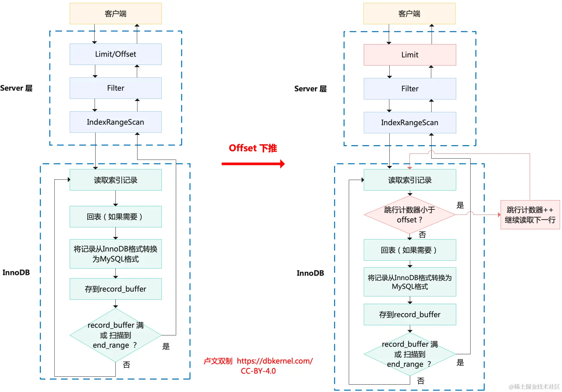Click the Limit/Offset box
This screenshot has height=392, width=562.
click(x=115, y=54)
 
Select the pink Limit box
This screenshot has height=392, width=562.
click(x=410, y=55)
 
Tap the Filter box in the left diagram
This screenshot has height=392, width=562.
click(x=115, y=88)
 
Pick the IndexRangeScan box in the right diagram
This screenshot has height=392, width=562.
click(x=410, y=123)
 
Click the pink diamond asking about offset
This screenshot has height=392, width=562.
click(x=409, y=215)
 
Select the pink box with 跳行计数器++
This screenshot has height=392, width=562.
click(x=530, y=215)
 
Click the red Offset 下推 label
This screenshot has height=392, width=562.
click(x=253, y=148)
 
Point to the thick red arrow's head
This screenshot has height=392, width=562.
click(x=282, y=164)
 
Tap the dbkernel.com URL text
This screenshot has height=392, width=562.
click(x=275, y=361)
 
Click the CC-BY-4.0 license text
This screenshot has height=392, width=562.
click(x=258, y=371)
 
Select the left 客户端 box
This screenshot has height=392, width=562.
click(x=115, y=14)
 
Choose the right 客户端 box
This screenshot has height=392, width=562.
click(x=409, y=14)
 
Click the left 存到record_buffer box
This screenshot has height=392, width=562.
click(x=115, y=289)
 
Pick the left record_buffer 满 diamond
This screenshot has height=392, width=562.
click(x=115, y=335)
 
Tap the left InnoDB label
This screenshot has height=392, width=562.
click(x=16, y=273)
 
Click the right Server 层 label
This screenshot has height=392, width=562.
click(x=310, y=89)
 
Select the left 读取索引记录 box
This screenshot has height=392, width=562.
click(x=115, y=180)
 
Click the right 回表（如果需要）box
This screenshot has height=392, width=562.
click(x=410, y=250)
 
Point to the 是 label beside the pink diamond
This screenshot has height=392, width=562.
click(x=460, y=205)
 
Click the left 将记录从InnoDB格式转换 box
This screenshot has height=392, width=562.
click(x=115, y=254)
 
